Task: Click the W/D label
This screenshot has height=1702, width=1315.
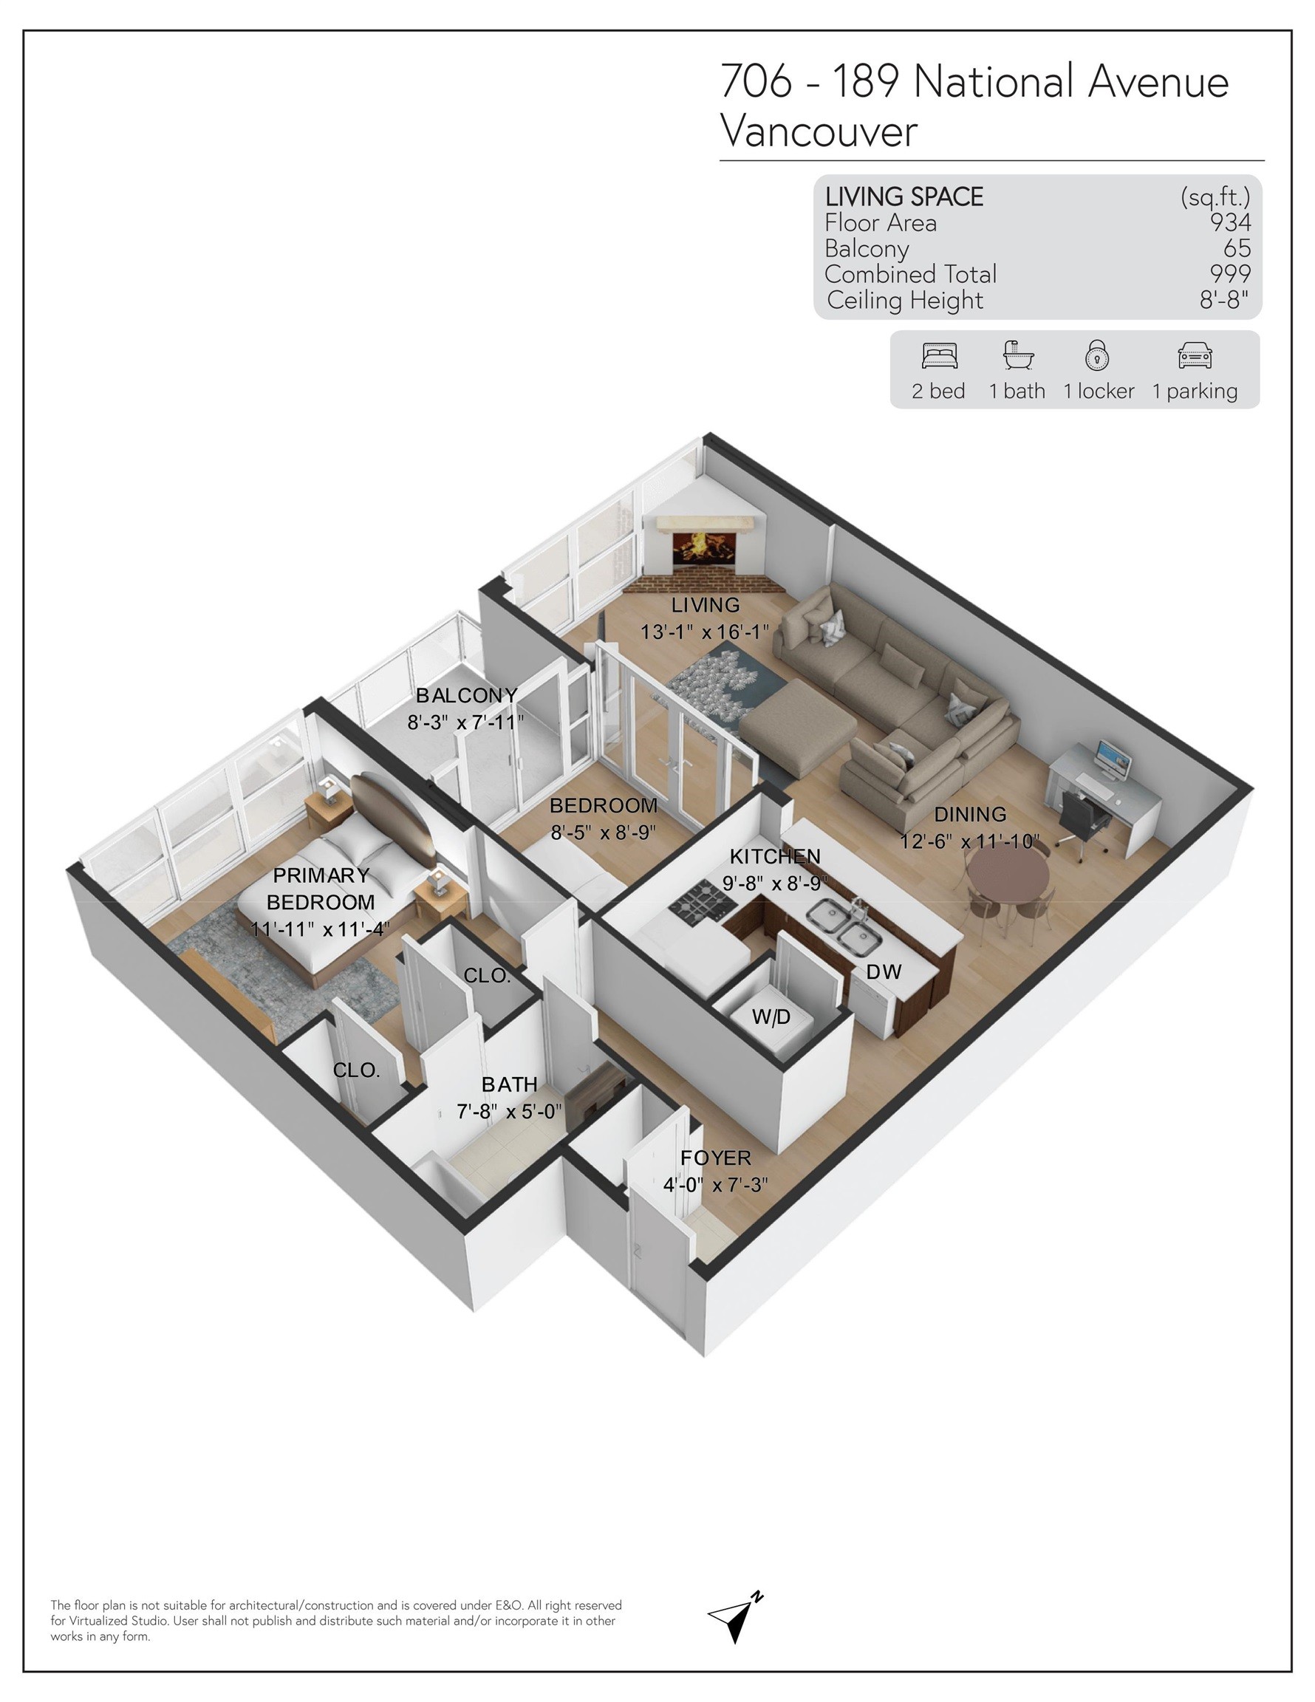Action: point(771,1016)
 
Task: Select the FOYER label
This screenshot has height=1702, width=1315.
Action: point(715,1158)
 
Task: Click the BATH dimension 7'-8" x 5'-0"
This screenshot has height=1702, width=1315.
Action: point(509,1111)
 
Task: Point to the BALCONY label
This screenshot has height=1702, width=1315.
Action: point(466,695)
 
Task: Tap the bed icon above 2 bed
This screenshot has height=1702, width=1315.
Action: point(938,356)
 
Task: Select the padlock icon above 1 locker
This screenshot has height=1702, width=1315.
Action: point(1097,355)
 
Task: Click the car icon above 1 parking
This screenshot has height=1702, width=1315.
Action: point(1194,355)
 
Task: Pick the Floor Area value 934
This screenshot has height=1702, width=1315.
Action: point(1230,223)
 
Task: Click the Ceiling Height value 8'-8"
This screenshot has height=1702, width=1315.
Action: point(1224,300)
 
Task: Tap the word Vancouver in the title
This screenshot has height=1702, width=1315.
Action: point(819,131)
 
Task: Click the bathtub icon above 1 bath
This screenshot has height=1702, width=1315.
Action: point(1017,355)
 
